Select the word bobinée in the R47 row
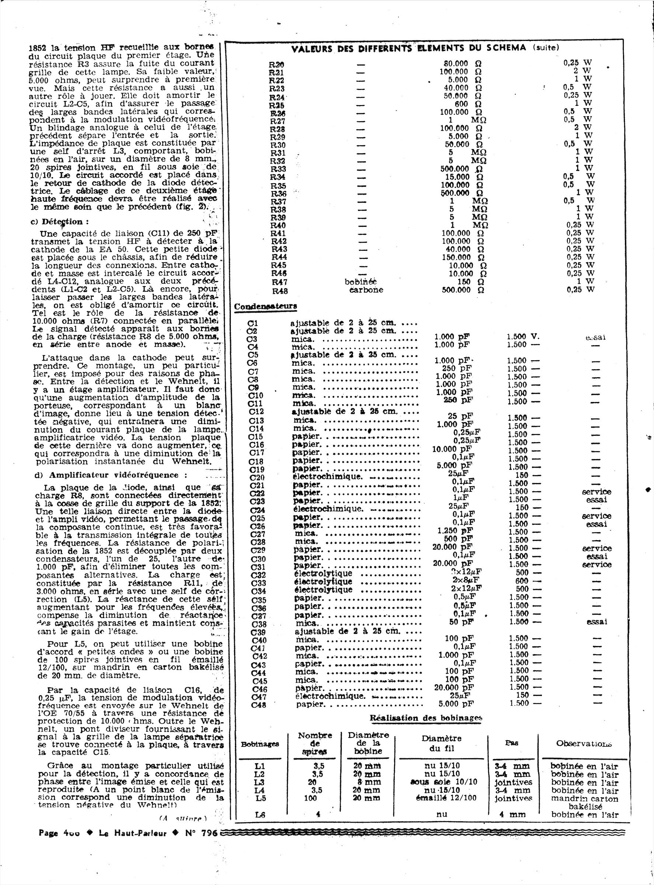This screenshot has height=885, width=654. click(x=361, y=281)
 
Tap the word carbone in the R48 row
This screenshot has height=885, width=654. click(x=366, y=290)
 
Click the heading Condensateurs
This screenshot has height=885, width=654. click(x=266, y=306)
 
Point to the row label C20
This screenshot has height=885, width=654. click(x=257, y=477)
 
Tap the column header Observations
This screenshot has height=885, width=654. click(x=584, y=743)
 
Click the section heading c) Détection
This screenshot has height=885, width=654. click(x=60, y=222)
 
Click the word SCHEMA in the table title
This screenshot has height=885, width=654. click(x=506, y=48)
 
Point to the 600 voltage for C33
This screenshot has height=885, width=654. click(x=522, y=581)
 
